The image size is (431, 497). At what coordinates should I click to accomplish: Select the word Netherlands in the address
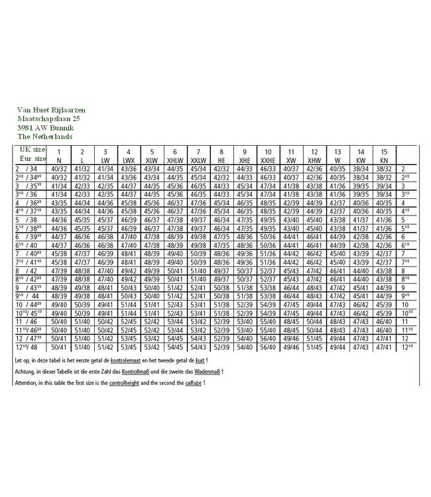coord(52,136)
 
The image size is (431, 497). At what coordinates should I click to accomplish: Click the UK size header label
coord(32,150)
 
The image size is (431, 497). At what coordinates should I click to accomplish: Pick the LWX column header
coord(128,160)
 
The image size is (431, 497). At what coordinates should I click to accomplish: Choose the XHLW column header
coord(174,160)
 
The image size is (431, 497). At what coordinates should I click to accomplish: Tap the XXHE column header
coord(267,160)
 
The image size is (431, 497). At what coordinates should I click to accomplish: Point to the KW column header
coord(361,160)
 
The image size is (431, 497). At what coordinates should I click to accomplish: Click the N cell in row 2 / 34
coord(58,170)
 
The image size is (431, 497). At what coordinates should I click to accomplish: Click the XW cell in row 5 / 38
coord(290,218)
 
